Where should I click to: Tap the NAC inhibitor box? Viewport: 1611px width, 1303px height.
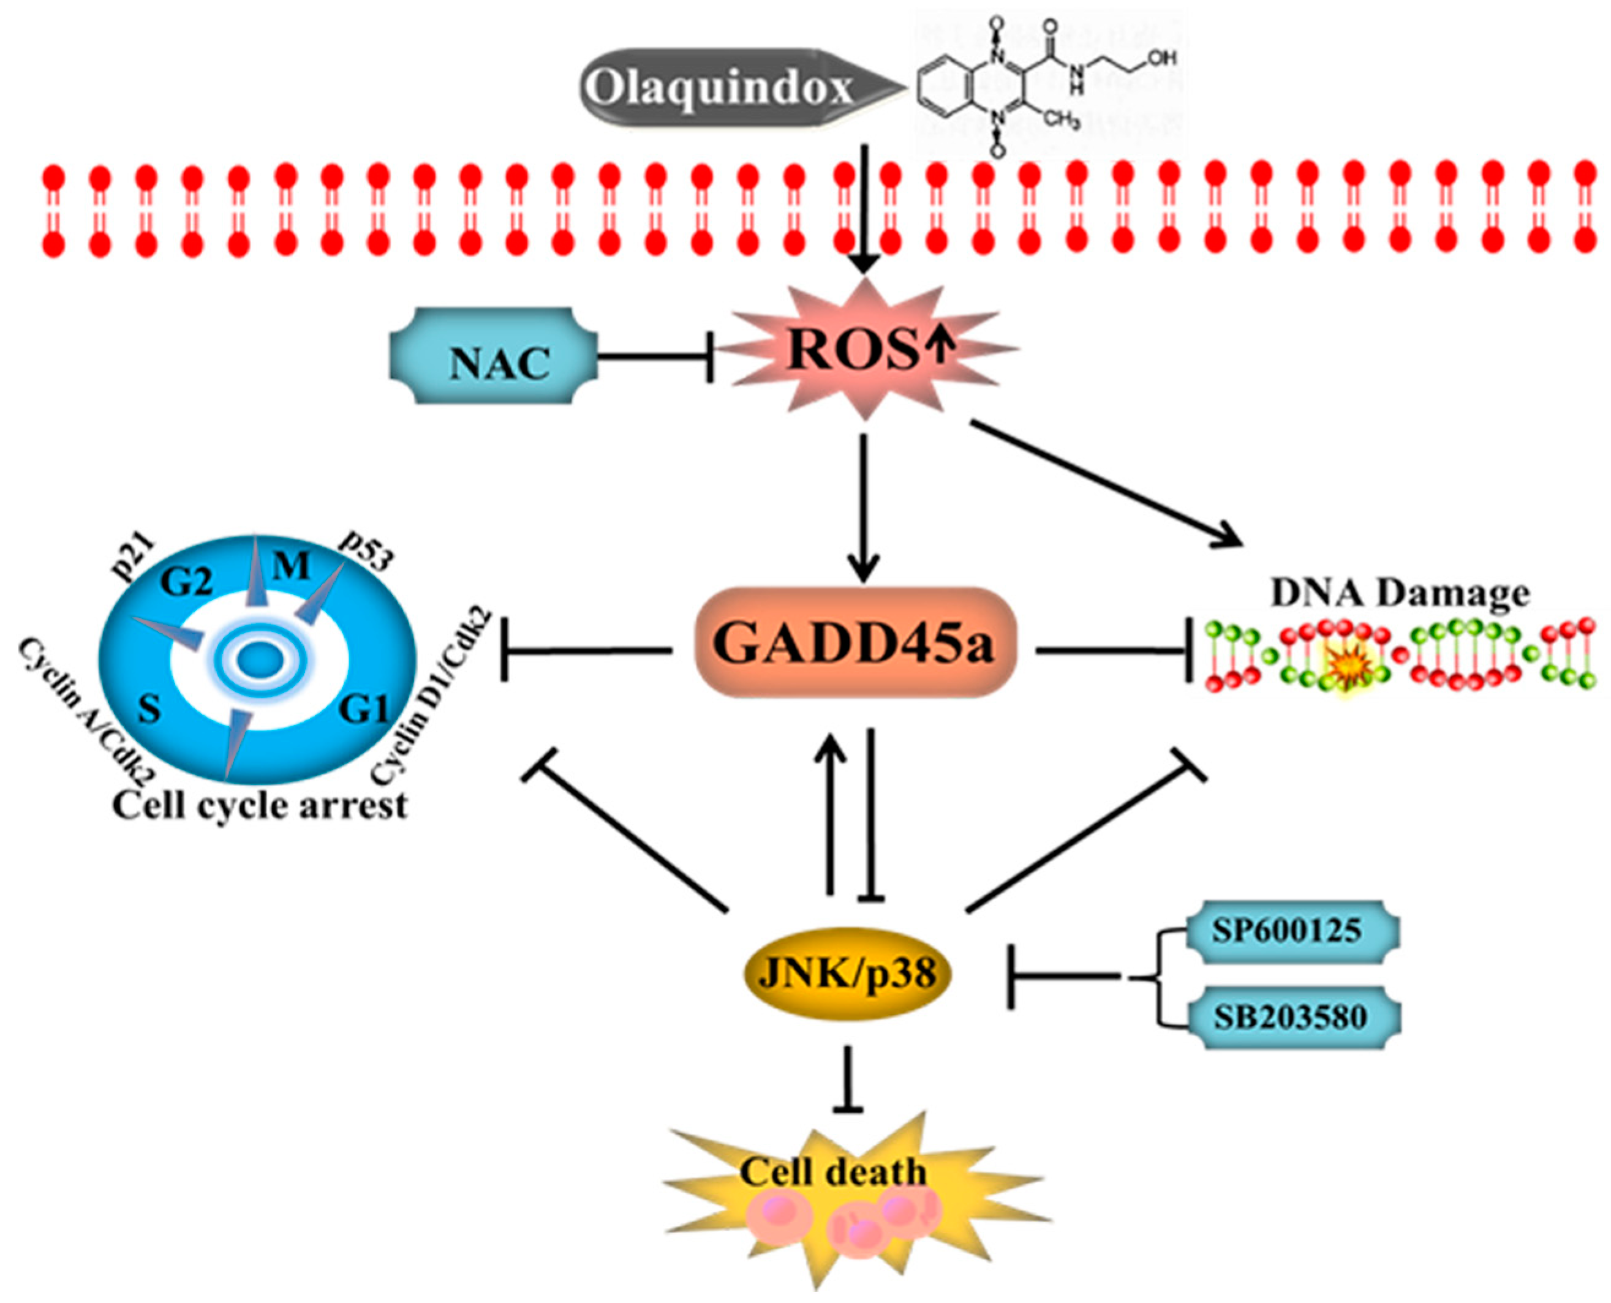496,356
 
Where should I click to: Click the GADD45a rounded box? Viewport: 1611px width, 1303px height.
855,644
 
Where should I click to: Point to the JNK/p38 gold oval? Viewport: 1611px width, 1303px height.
847,974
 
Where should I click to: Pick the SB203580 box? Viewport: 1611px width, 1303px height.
1288,1017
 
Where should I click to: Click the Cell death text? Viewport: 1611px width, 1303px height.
833,1171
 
